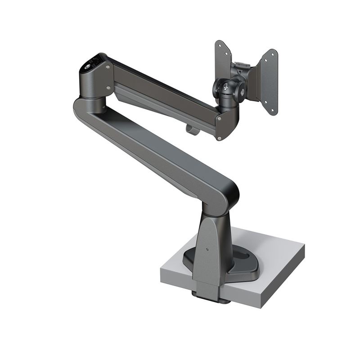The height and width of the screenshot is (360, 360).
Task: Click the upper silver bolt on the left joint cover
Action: (x=108, y=67)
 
